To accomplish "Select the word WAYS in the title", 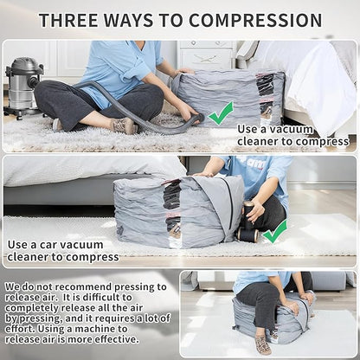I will point(136,20).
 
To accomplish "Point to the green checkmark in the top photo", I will point(221,112).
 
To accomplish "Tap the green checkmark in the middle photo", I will point(275,230).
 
